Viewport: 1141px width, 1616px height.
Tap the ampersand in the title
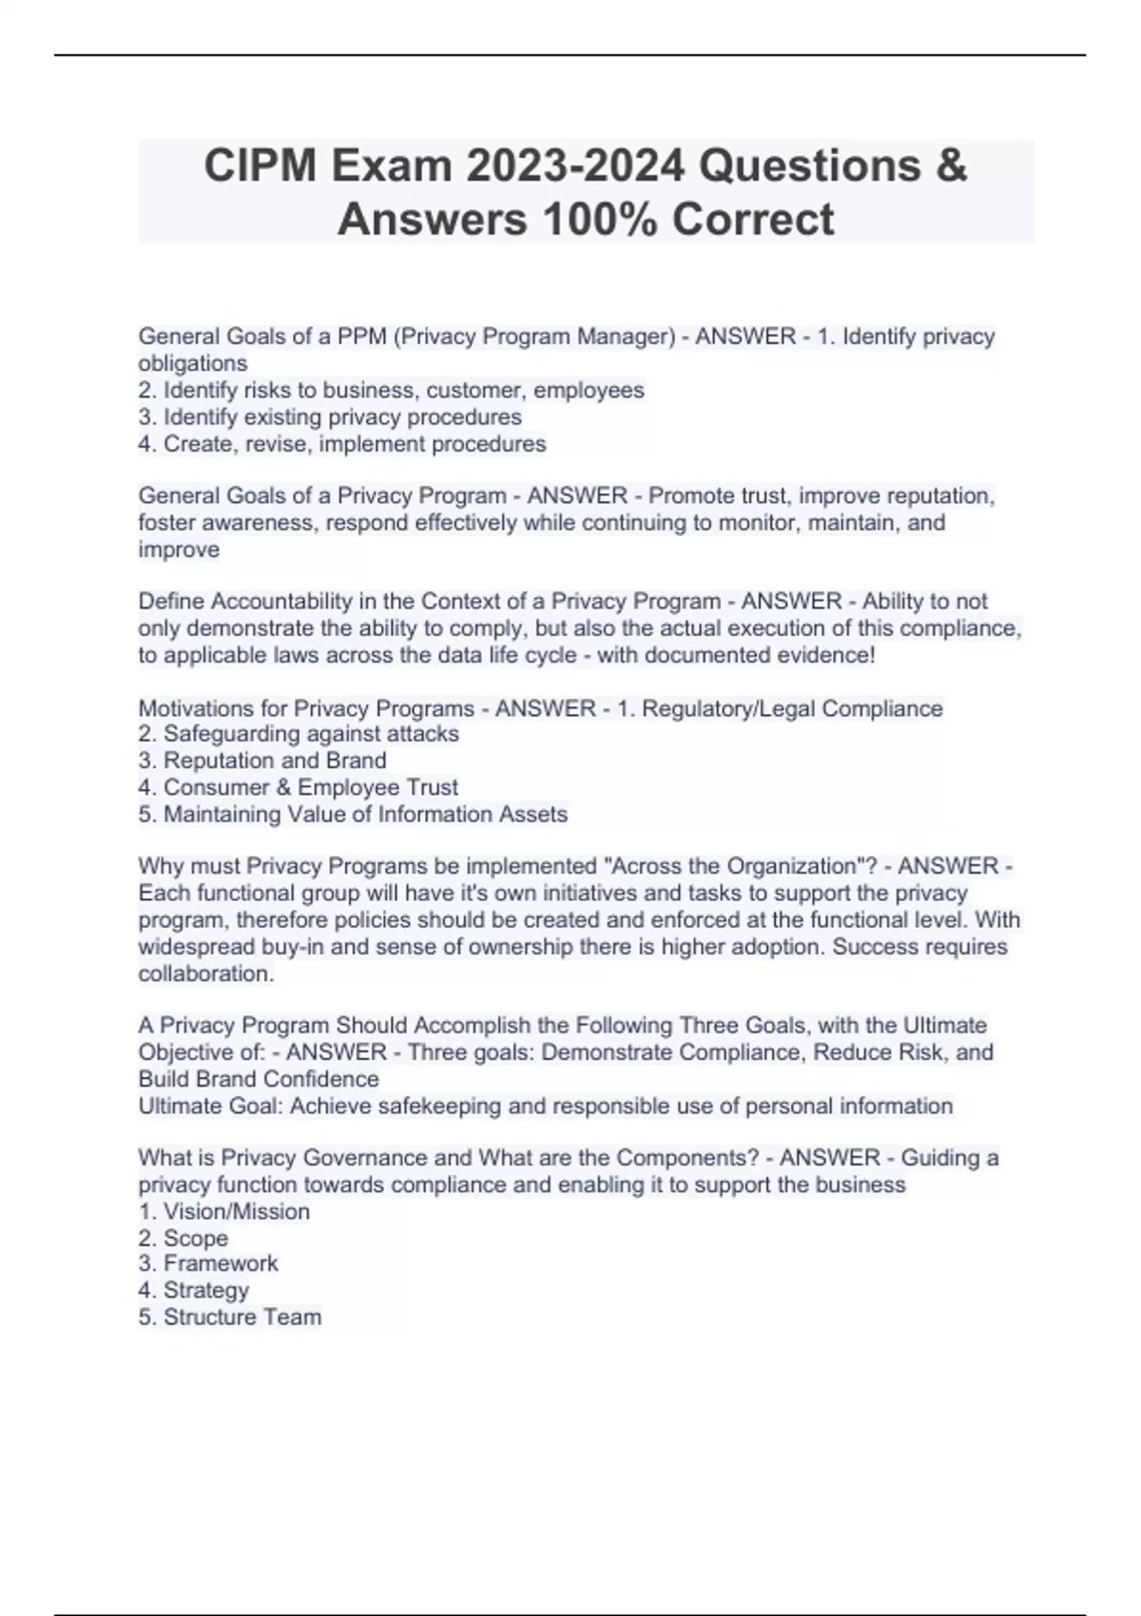tap(950, 166)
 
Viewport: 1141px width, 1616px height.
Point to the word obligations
tap(193, 363)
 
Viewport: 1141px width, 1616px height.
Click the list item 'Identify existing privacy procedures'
tap(330, 417)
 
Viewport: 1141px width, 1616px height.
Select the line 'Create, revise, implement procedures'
tap(342, 444)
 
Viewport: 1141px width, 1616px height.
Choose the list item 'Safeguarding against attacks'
tap(299, 734)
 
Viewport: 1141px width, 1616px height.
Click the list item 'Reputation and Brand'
tap(262, 760)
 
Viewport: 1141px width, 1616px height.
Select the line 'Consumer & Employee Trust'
tap(298, 787)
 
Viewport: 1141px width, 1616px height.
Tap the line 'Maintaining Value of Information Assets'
tap(353, 815)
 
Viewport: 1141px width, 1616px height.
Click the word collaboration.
tap(205, 973)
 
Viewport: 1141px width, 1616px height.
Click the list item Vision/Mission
tap(224, 1212)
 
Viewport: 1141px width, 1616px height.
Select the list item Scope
tap(184, 1239)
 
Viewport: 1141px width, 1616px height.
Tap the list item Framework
tap(208, 1263)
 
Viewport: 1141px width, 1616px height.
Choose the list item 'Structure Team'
tap(229, 1318)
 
